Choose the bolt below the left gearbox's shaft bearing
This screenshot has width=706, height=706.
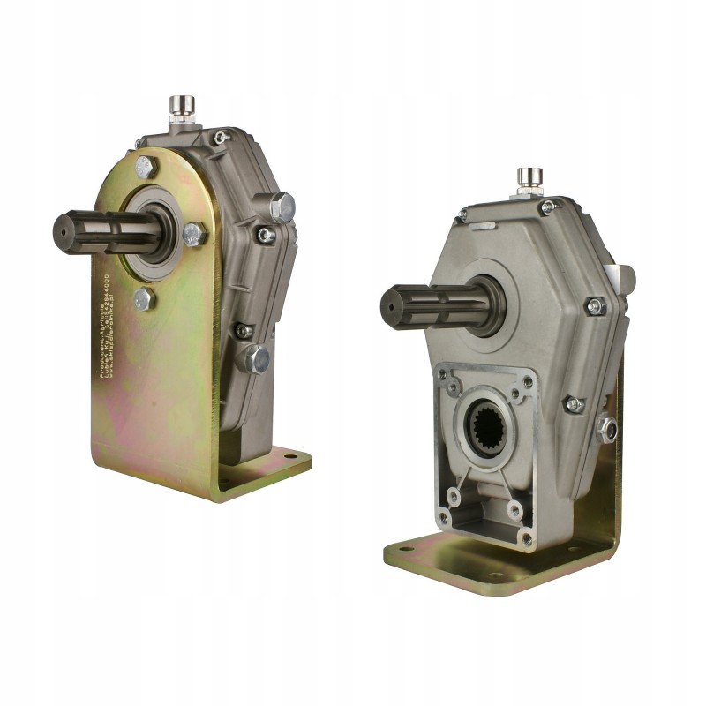pos(144,298)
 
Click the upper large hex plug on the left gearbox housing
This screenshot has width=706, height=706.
pos(282,206)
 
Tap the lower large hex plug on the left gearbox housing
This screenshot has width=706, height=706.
pos(256,357)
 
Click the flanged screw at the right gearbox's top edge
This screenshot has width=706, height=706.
pos(547,207)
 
